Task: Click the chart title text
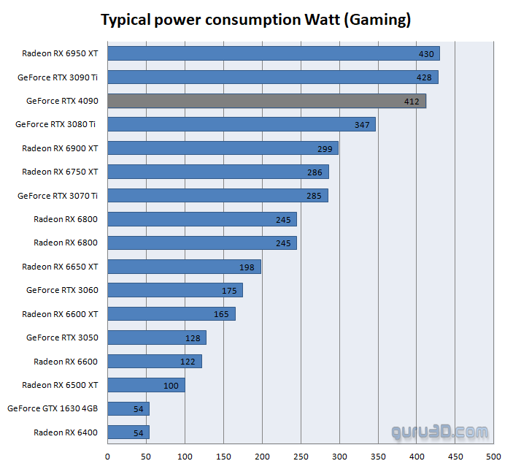(255, 20)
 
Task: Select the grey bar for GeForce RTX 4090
(266, 101)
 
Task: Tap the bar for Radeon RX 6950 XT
(274, 53)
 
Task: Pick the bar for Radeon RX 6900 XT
(223, 148)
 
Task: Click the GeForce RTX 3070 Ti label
(58, 196)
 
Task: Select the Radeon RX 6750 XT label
(60, 172)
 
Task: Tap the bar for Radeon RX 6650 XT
(184, 267)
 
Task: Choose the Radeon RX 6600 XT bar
(171, 314)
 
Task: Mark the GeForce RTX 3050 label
(62, 338)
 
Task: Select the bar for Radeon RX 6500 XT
(146, 385)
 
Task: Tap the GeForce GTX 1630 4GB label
(53, 409)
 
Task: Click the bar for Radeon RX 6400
(128, 432)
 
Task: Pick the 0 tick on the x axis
(108, 457)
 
